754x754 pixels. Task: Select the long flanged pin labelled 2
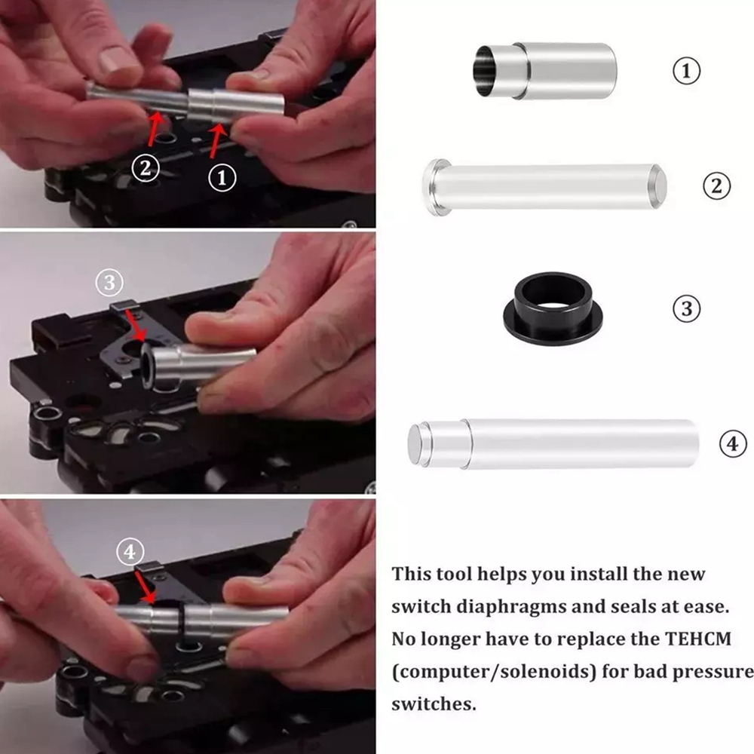coord(544,186)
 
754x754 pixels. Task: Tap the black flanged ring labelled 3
coord(553,308)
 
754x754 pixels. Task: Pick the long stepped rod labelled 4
coord(553,443)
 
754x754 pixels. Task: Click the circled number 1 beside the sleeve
coord(686,71)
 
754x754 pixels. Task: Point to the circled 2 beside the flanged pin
coord(716,185)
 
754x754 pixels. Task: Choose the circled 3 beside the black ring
coord(686,308)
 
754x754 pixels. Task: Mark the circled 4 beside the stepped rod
coord(732,443)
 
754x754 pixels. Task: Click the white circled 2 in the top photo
coord(146,168)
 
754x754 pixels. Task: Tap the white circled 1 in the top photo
coord(222,178)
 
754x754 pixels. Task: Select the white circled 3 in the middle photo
coord(109,282)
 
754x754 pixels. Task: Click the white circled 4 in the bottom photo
coord(130,552)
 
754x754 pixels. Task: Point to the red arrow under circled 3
coord(135,325)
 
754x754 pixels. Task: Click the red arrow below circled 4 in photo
coord(146,587)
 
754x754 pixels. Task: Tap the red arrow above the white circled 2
coord(155,128)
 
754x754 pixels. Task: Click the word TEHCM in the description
coord(697,639)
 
